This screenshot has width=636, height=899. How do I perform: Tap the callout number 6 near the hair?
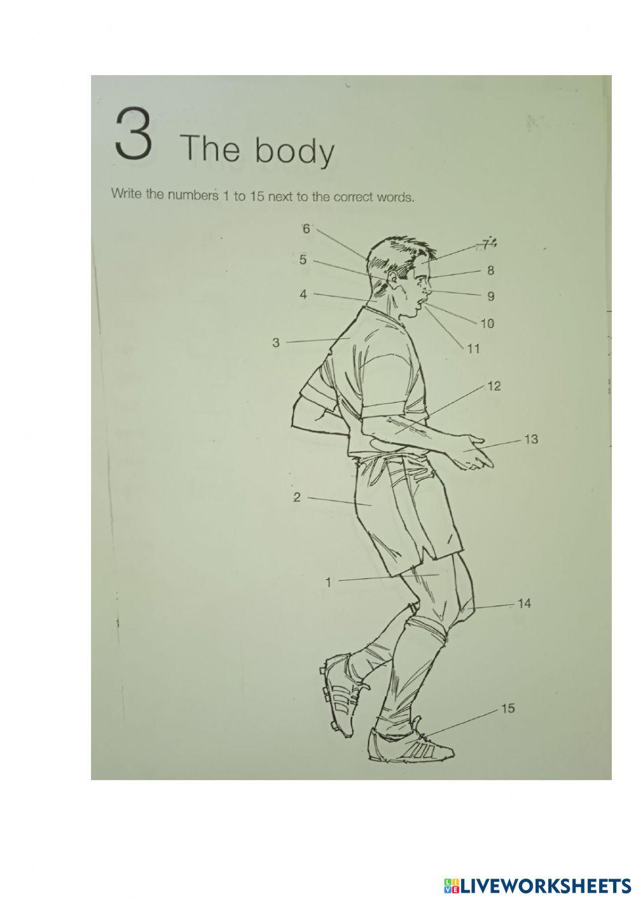pos(306,229)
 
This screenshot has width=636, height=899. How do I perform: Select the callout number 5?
pos(303,260)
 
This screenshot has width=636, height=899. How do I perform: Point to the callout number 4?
pos(303,295)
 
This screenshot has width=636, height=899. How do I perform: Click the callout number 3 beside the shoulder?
pos(276,343)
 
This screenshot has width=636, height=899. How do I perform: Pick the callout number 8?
pos(490,271)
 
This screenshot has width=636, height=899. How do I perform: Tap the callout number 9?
pos(490,296)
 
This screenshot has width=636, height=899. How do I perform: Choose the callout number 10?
pos(487,324)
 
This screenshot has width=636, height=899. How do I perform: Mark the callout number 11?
pos(473,349)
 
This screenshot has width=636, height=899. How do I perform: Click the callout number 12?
pos(494,386)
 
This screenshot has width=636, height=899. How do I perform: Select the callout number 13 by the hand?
pos(531,439)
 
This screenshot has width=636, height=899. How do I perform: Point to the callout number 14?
pos(524,603)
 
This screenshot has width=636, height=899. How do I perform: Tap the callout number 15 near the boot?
pos(508,708)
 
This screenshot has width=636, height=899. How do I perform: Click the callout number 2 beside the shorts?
pos(297,498)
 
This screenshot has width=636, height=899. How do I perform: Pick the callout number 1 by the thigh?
pos(328,582)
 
